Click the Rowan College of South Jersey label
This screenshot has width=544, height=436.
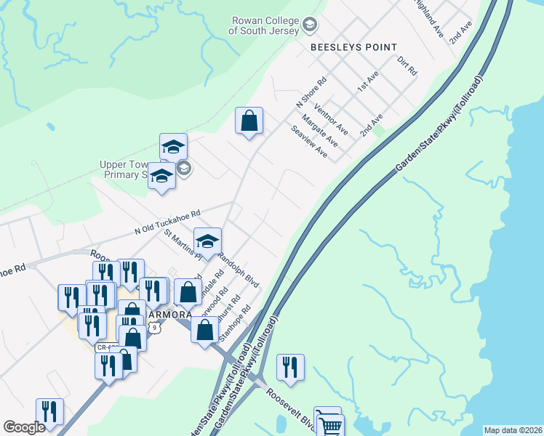[x=264, y=26]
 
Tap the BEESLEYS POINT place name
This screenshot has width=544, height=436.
[x=353, y=47]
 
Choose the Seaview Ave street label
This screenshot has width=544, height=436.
[x=309, y=142]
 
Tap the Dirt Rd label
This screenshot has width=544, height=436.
[x=407, y=68]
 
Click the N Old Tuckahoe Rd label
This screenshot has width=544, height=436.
[x=167, y=222]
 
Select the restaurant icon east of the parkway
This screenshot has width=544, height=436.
[x=290, y=367]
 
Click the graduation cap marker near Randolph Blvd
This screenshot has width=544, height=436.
[x=207, y=241]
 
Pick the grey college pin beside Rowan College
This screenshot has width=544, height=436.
[x=311, y=26]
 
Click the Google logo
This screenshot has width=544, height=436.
[x=24, y=427]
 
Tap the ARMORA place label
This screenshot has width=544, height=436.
[x=169, y=315]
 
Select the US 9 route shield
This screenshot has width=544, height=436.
[x=154, y=328]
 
